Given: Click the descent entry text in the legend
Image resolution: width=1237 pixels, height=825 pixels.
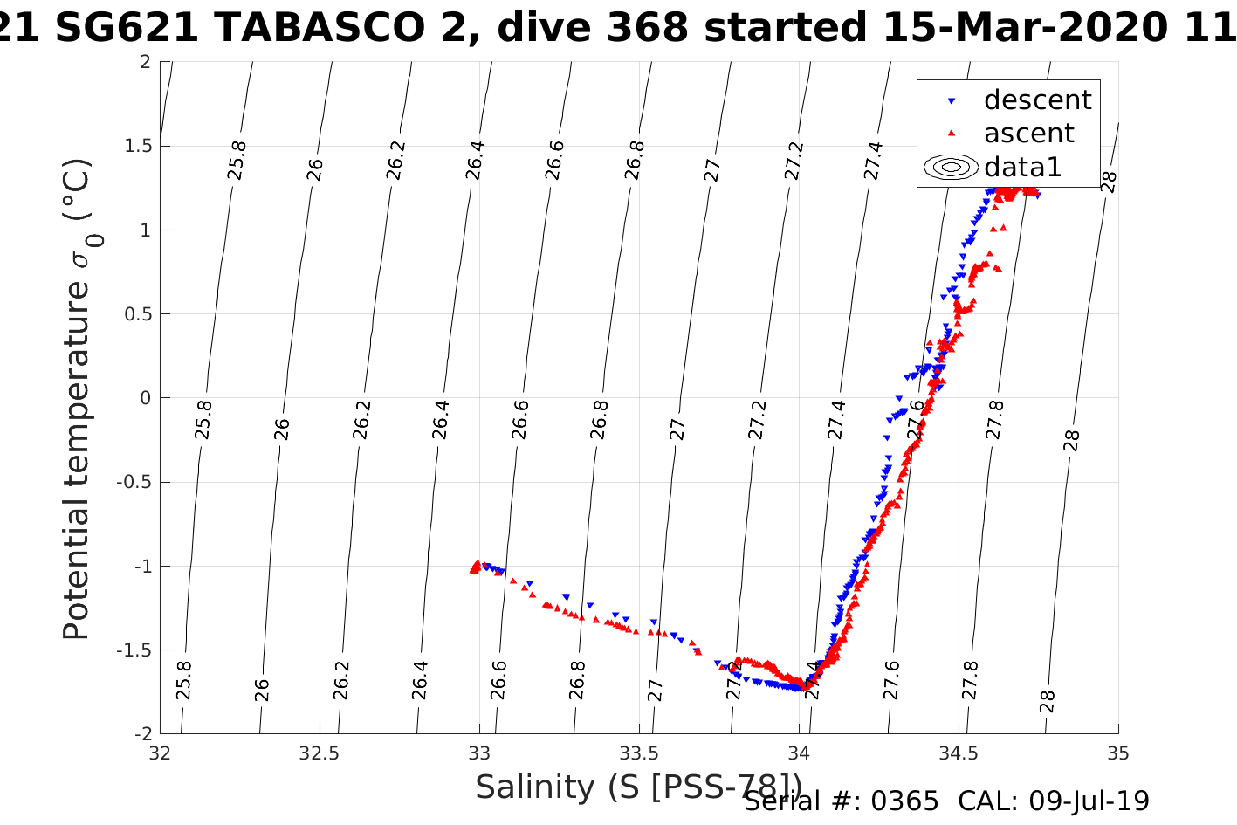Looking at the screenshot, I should (x=1037, y=100).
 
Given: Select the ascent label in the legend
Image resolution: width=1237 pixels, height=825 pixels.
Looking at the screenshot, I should (x=1028, y=134).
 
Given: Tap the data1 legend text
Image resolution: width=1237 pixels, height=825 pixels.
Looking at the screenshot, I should (x=1022, y=167).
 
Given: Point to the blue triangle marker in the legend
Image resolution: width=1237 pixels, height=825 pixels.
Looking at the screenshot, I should (x=952, y=101).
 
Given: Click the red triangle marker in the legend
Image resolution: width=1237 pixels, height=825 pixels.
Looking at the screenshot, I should (x=952, y=134).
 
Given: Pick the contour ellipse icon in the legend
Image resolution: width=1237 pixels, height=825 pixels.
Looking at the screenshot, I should (x=952, y=167).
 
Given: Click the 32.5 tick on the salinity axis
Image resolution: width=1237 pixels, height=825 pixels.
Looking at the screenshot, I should (x=320, y=753).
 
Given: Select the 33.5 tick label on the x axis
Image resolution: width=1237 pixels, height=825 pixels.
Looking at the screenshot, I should (x=639, y=753).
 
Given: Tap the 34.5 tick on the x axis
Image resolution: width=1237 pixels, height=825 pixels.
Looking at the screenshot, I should (x=959, y=753).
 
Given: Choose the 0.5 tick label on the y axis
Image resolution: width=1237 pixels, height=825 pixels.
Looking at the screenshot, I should (x=136, y=314).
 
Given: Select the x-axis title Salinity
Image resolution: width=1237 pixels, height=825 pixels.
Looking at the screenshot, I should (x=638, y=787).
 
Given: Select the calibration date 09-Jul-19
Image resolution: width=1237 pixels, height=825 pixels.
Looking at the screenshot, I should (x=1089, y=801).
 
